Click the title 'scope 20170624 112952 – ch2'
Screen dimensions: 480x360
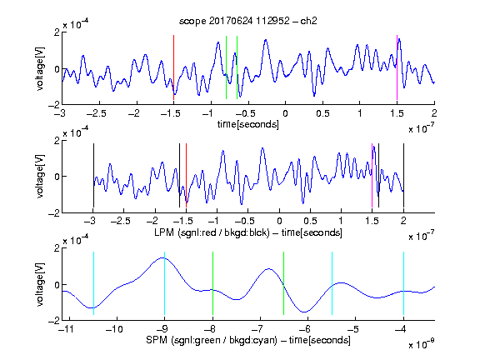click(247, 21)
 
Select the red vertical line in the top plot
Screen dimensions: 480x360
click(173, 67)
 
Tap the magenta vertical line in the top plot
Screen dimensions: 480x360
click(397, 67)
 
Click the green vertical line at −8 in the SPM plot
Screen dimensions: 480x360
click(212, 283)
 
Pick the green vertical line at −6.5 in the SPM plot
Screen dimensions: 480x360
click(284, 283)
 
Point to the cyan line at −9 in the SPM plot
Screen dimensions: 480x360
click(164, 283)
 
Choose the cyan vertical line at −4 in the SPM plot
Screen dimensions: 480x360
click(404, 283)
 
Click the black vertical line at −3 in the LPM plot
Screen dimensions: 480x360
click(93, 175)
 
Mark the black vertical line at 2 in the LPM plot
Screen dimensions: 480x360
click(403, 175)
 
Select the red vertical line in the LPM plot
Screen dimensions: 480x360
click(186, 175)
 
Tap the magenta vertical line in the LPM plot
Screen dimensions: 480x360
click(372, 175)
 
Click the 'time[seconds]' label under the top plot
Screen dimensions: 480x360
click(248, 124)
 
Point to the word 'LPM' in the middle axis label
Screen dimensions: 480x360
click(164, 232)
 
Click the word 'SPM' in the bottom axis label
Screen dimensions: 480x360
click(156, 340)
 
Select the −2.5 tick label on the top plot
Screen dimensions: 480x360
click(96, 113)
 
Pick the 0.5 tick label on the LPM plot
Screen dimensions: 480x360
click(310, 221)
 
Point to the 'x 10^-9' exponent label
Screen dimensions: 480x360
click(421, 344)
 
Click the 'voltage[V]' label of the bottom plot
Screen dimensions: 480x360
click(40, 284)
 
